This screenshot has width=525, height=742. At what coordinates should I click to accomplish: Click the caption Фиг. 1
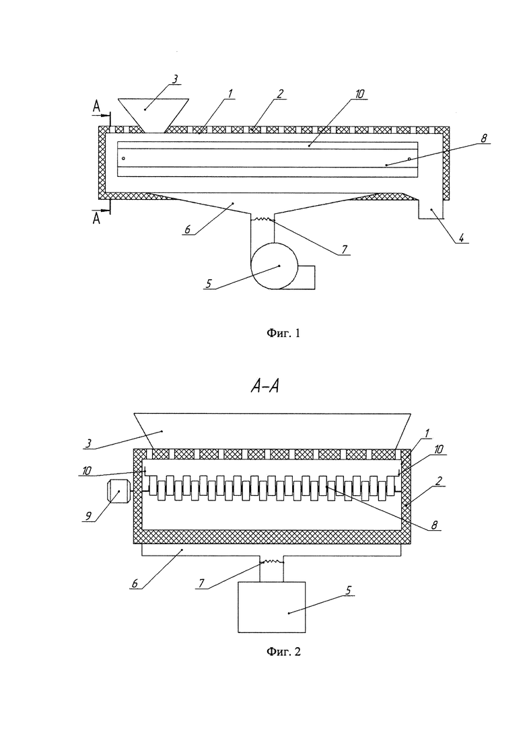coord(283,333)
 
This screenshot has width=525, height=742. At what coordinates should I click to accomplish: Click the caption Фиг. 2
coord(283,652)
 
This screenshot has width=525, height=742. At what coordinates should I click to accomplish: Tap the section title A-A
coord(265,387)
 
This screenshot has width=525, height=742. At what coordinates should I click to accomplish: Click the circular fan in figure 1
coord(273,266)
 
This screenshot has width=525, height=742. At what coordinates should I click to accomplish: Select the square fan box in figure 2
coord(272,607)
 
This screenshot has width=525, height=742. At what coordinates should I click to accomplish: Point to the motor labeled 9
coord(118,492)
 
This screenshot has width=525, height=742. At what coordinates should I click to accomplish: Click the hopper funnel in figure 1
coord(153,115)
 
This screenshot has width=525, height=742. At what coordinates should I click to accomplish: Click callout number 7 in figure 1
coord(344,250)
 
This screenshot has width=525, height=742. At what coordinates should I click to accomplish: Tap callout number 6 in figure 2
coord(135,583)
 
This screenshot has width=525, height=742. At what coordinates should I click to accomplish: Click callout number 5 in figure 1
coord(209,283)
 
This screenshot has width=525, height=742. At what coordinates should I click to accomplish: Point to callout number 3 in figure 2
coord(89,443)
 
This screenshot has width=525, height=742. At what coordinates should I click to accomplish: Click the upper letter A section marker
coord(96,107)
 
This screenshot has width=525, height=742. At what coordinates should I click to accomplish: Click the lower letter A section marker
coord(96,218)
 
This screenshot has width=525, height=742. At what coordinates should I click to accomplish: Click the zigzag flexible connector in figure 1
coord(262,219)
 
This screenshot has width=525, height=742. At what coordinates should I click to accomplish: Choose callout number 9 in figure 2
coord(88,516)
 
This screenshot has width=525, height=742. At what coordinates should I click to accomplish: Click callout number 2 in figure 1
coord(280,94)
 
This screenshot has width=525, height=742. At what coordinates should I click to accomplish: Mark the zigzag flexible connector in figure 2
coord(272,562)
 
